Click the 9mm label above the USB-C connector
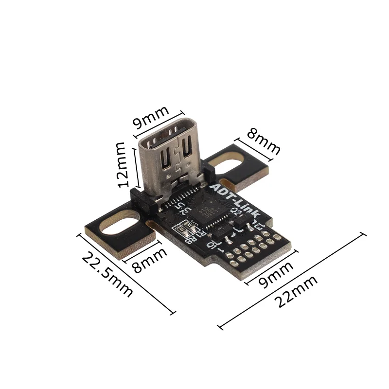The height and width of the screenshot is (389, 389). pos(151,117)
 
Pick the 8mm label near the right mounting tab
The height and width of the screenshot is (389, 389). pos(263,141)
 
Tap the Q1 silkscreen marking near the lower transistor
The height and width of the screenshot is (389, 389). pos(212,243)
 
